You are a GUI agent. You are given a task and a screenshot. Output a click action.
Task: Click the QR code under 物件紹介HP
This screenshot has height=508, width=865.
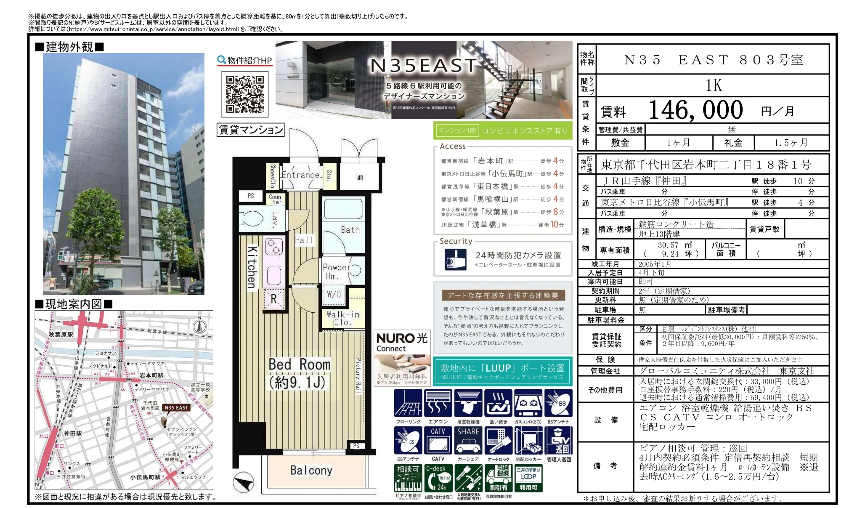point(245,94)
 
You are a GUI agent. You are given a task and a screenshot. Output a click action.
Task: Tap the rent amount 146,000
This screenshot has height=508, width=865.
point(695,110)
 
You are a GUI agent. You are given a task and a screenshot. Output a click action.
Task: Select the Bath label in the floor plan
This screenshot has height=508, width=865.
point(350,230)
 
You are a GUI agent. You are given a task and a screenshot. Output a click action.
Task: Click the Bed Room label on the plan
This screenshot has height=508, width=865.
point(299,364)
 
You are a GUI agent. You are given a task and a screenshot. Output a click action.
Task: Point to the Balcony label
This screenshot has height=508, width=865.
point(311,470)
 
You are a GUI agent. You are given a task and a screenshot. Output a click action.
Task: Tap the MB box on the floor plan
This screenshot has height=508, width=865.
point(360,178)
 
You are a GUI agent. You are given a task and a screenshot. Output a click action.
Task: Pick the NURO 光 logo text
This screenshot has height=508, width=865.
point(401,338)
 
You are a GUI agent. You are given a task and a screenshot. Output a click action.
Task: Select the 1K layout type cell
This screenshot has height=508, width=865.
point(713,85)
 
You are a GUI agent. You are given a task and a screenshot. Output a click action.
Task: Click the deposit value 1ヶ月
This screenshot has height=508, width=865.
point(678,143)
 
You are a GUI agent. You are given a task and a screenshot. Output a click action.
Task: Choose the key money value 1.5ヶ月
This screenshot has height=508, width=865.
point(791,143)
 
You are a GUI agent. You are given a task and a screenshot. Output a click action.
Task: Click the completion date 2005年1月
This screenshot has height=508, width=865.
point(655,264)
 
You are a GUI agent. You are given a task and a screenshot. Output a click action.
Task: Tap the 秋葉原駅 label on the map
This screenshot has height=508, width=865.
point(61,335)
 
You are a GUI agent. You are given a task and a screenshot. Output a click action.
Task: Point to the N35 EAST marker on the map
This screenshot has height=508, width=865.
point(177,407)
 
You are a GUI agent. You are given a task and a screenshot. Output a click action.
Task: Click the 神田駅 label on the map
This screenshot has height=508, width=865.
point(73,433)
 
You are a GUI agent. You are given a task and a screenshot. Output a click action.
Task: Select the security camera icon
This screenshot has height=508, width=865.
point(455,259)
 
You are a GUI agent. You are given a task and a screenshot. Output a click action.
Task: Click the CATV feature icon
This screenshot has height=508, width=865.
point(438,440)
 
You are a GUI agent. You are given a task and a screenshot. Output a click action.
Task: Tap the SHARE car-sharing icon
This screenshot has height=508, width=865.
point(468,440)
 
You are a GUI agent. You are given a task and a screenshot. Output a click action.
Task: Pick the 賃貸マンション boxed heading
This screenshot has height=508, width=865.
point(250,130)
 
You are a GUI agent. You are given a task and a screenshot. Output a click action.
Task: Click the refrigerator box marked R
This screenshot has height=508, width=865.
point(273,299)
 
